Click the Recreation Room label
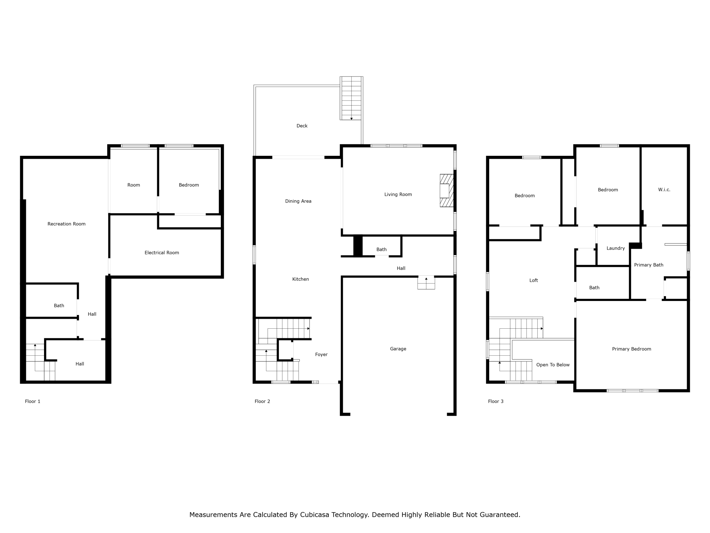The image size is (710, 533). tap(66, 224)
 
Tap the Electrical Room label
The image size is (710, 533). tap(161, 252)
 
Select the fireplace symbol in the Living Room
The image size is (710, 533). tap(446, 191)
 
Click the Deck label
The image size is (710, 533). tap(302, 126)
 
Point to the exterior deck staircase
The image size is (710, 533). tap(351, 98)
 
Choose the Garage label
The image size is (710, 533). tap(398, 349)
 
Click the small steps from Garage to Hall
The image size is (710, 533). tap(426, 283)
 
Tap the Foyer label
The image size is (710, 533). tap(321, 355)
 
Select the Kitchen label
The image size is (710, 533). tap(300, 279)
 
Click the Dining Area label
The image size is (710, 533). tap(298, 201)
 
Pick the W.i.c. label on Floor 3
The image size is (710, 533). tap(664, 190)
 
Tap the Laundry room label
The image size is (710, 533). tap(615, 248)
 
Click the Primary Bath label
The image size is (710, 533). tap(649, 265)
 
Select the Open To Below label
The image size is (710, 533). tap(553, 365)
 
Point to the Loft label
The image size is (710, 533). tap(534, 281)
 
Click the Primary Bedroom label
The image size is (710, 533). tap(631, 349)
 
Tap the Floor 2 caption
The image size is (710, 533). tap(262, 401)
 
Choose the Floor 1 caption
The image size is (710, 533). tap(32, 401)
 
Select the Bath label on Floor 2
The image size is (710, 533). tap(381, 249)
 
